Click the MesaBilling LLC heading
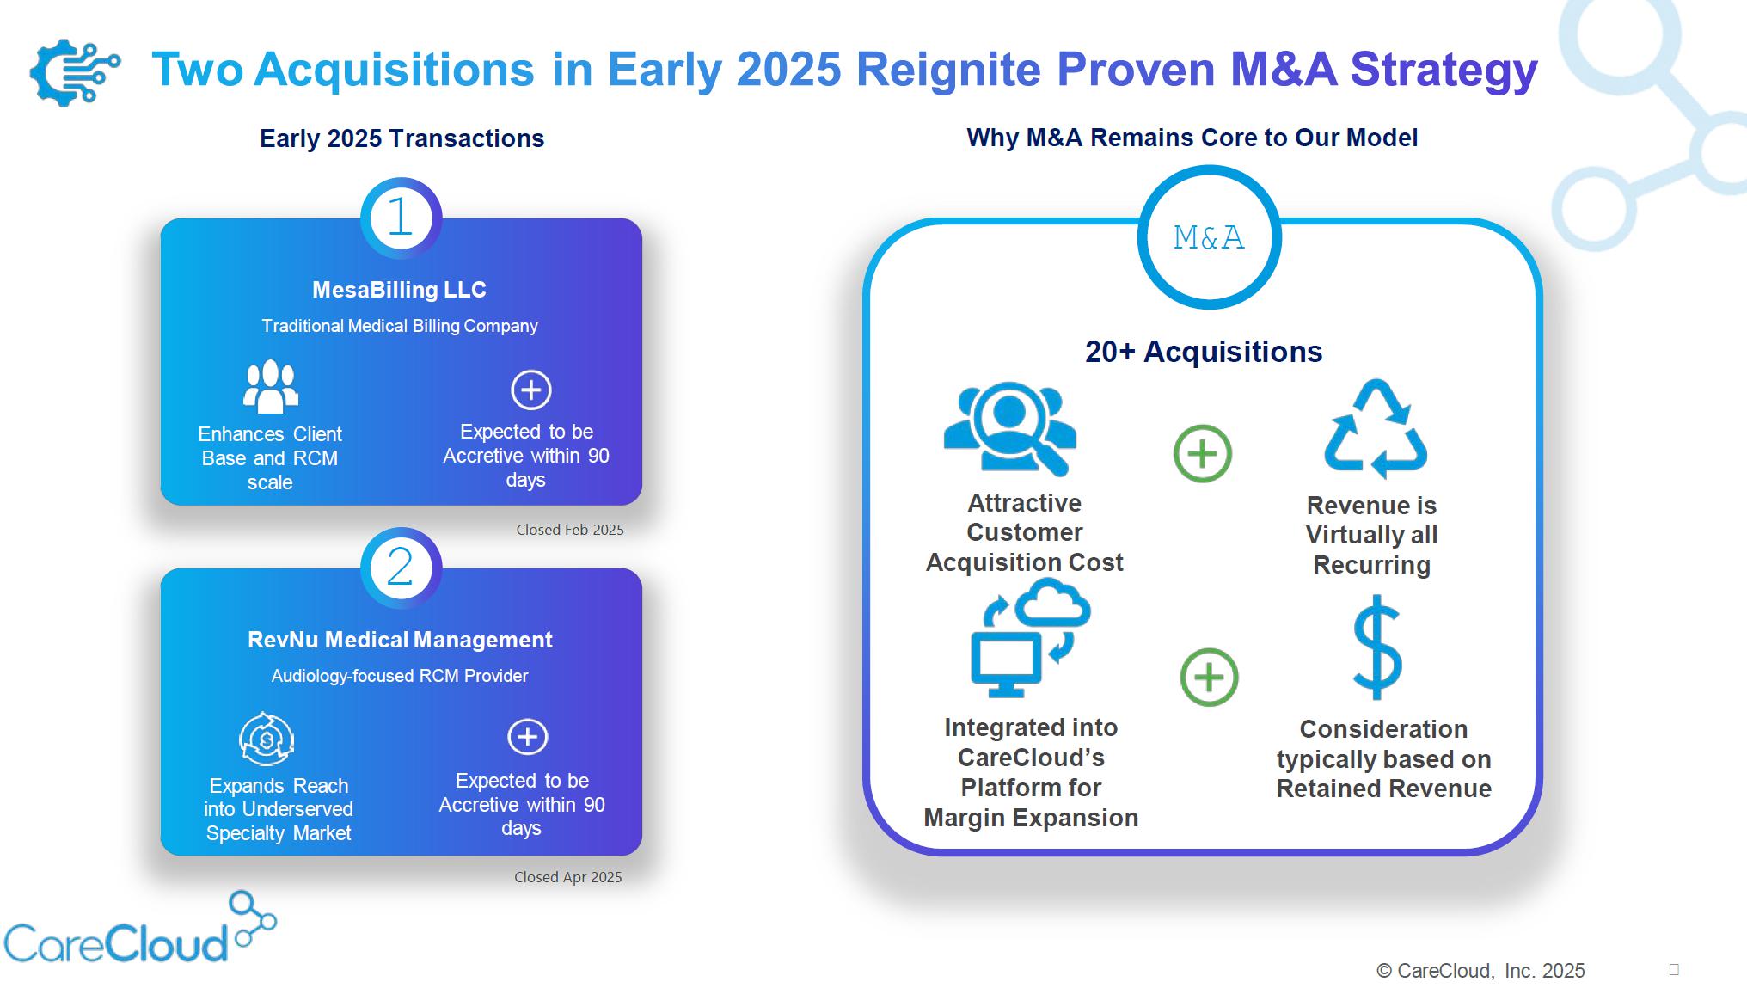tap(399, 290)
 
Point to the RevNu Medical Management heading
tap(400, 640)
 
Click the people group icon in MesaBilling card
tap(271, 386)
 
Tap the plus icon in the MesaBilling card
tap(531, 390)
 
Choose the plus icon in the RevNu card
tap(528, 737)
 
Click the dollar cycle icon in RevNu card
tap(267, 739)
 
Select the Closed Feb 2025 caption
tap(570, 530)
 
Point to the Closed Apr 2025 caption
tap(568, 877)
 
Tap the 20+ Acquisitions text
tap(1204, 352)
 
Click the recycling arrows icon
tap(1376, 429)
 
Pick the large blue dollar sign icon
tap(1377, 647)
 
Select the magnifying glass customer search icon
tap(1010, 428)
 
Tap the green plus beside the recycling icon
tap(1203, 453)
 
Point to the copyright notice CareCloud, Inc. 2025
tap(1480, 971)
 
